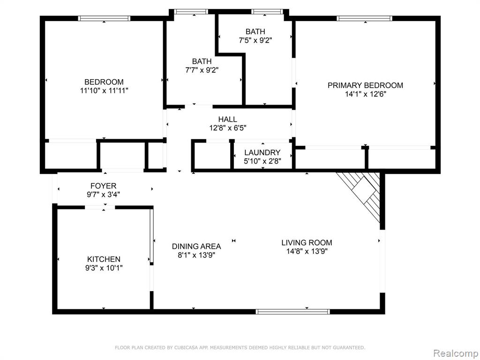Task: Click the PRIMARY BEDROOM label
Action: (x=365, y=85)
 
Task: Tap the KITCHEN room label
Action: (x=104, y=259)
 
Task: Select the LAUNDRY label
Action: (x=262, y=152)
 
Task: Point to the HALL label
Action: (x=227, y=119)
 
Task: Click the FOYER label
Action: (x=103, y=186)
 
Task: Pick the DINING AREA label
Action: (x=196, y=247)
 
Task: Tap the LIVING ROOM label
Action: (x=307, y=243)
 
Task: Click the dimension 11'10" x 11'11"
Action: (x=104, y=90)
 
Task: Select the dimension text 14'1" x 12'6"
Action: (x=366, y=94)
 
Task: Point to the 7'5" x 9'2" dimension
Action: (x=255, y=40)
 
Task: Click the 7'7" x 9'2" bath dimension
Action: (x=202, y=70)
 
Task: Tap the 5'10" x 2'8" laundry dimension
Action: (x=262, y=161)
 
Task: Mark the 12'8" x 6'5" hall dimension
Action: (x=228, y=128)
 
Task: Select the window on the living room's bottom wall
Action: (x=292, y=312)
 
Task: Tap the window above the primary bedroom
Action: (x=364, y=18)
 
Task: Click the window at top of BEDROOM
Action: (x=104, y=18)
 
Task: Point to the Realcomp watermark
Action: (x=456, y=353)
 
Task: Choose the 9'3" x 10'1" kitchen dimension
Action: (x=104, y=268)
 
